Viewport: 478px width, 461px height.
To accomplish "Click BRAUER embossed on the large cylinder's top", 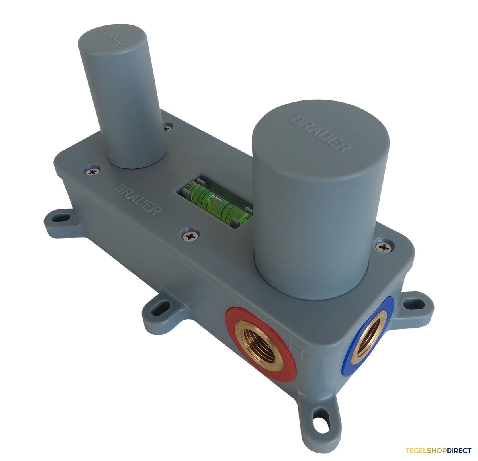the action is tap(321, 134).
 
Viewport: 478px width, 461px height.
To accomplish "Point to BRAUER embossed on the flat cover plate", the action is tap(137, 199).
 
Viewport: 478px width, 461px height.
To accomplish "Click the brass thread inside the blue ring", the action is tap(368, 337).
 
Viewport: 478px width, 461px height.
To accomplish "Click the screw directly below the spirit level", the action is tap(191, 236).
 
